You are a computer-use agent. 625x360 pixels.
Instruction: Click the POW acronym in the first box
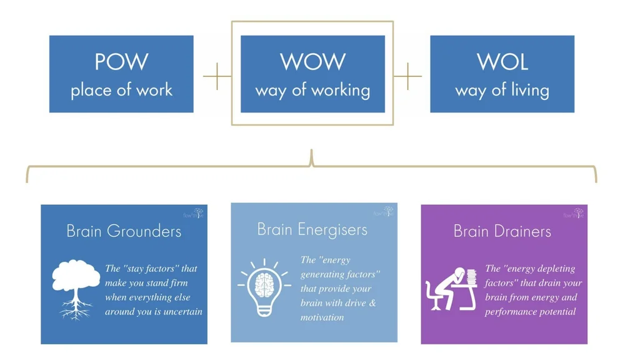[121, 62]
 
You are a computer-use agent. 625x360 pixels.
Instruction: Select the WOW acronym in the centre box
[312, 62]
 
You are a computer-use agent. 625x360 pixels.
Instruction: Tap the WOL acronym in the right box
[502, 62]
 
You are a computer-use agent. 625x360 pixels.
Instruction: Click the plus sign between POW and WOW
[217, 76]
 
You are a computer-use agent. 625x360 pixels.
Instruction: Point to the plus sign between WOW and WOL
[407, 76]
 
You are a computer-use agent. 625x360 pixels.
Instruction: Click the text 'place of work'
[121, 89]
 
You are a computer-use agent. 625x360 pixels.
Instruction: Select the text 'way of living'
[502, 90]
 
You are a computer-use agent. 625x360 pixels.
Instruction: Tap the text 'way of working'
[312, 90]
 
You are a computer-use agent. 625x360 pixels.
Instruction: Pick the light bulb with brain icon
[263, 287]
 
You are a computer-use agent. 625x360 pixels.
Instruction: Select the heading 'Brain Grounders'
[124, 231]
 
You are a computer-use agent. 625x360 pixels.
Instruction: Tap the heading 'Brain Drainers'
[502, 231]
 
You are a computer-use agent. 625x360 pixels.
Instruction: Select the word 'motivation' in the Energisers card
[322, 317]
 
